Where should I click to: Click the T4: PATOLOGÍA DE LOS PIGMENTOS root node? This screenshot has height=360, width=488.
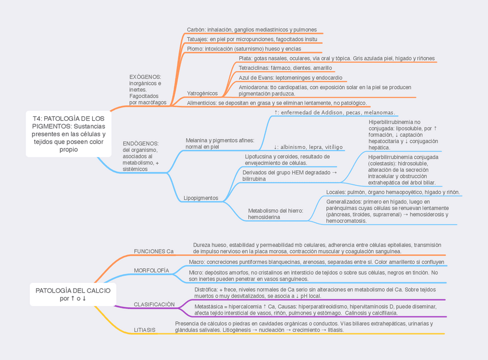(68, 133)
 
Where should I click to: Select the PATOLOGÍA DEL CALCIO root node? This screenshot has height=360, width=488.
(73, 294)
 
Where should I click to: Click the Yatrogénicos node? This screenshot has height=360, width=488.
(202, 93)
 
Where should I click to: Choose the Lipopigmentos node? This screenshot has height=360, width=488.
(201, 198)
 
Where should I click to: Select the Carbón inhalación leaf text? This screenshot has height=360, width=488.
(251, 29)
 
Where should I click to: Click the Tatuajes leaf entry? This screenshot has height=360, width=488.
(251, 39)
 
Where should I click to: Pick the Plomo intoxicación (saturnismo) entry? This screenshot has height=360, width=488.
(243, 49)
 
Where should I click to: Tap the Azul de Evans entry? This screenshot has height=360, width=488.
(290, 78)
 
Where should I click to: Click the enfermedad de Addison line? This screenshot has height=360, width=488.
(334, 113)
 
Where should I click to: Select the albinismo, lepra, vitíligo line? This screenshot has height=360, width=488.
(308, 147)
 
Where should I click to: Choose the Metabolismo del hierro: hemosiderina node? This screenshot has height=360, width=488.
(275, 214)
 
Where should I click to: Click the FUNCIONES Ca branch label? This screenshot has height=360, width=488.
(153, 251)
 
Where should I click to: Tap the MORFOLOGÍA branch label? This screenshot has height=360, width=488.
(151, 270)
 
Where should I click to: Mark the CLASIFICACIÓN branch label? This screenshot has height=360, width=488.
(154, 304)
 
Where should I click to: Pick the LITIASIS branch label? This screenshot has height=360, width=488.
(144, 330)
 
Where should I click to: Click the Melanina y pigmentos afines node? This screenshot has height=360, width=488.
(219, 143)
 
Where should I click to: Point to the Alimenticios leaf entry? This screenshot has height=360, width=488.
(276, 103)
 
